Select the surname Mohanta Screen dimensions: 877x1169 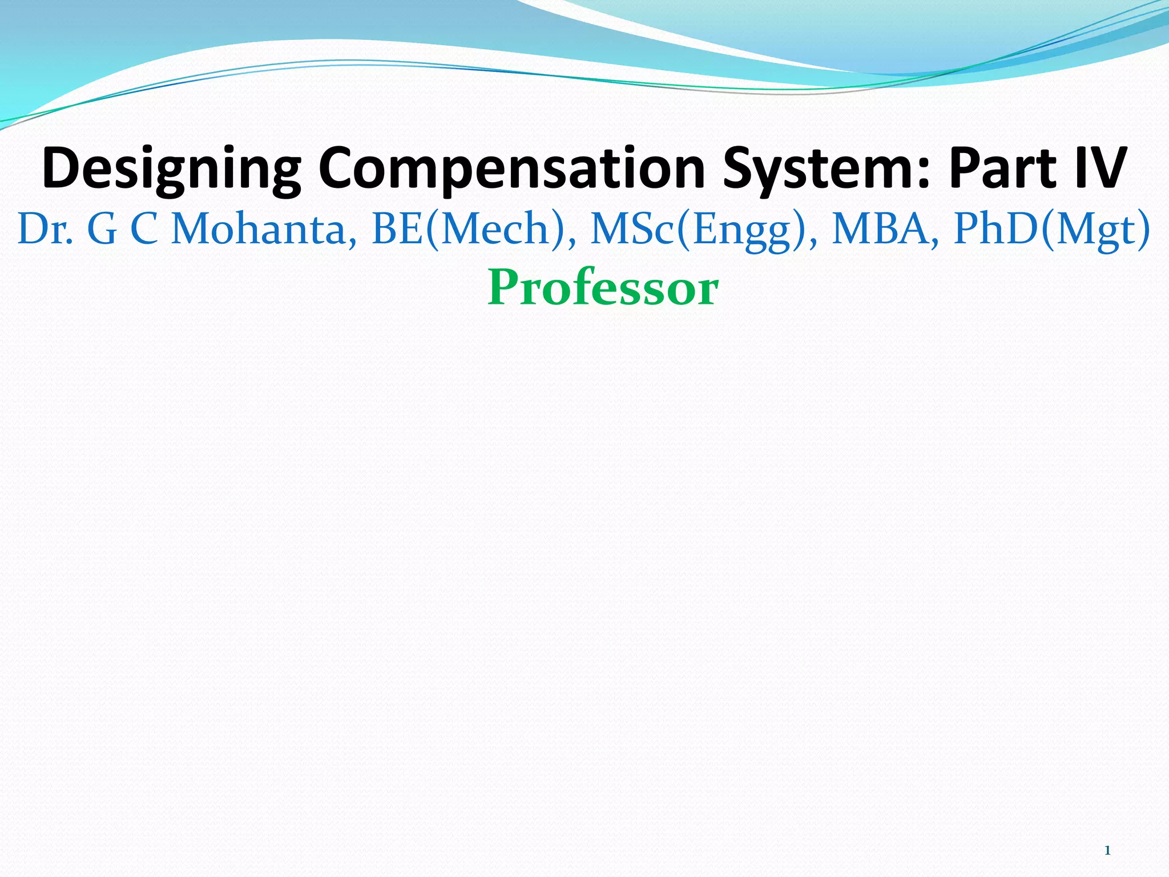(x=259, y=229)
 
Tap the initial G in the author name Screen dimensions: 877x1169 (x=102, y=229)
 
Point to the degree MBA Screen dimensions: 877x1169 (x=881, y=229)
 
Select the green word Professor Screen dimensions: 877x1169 (x=603, y=288)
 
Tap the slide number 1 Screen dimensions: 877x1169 (x=1107, y=851)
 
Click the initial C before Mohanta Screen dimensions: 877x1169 (x=144, y=229)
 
